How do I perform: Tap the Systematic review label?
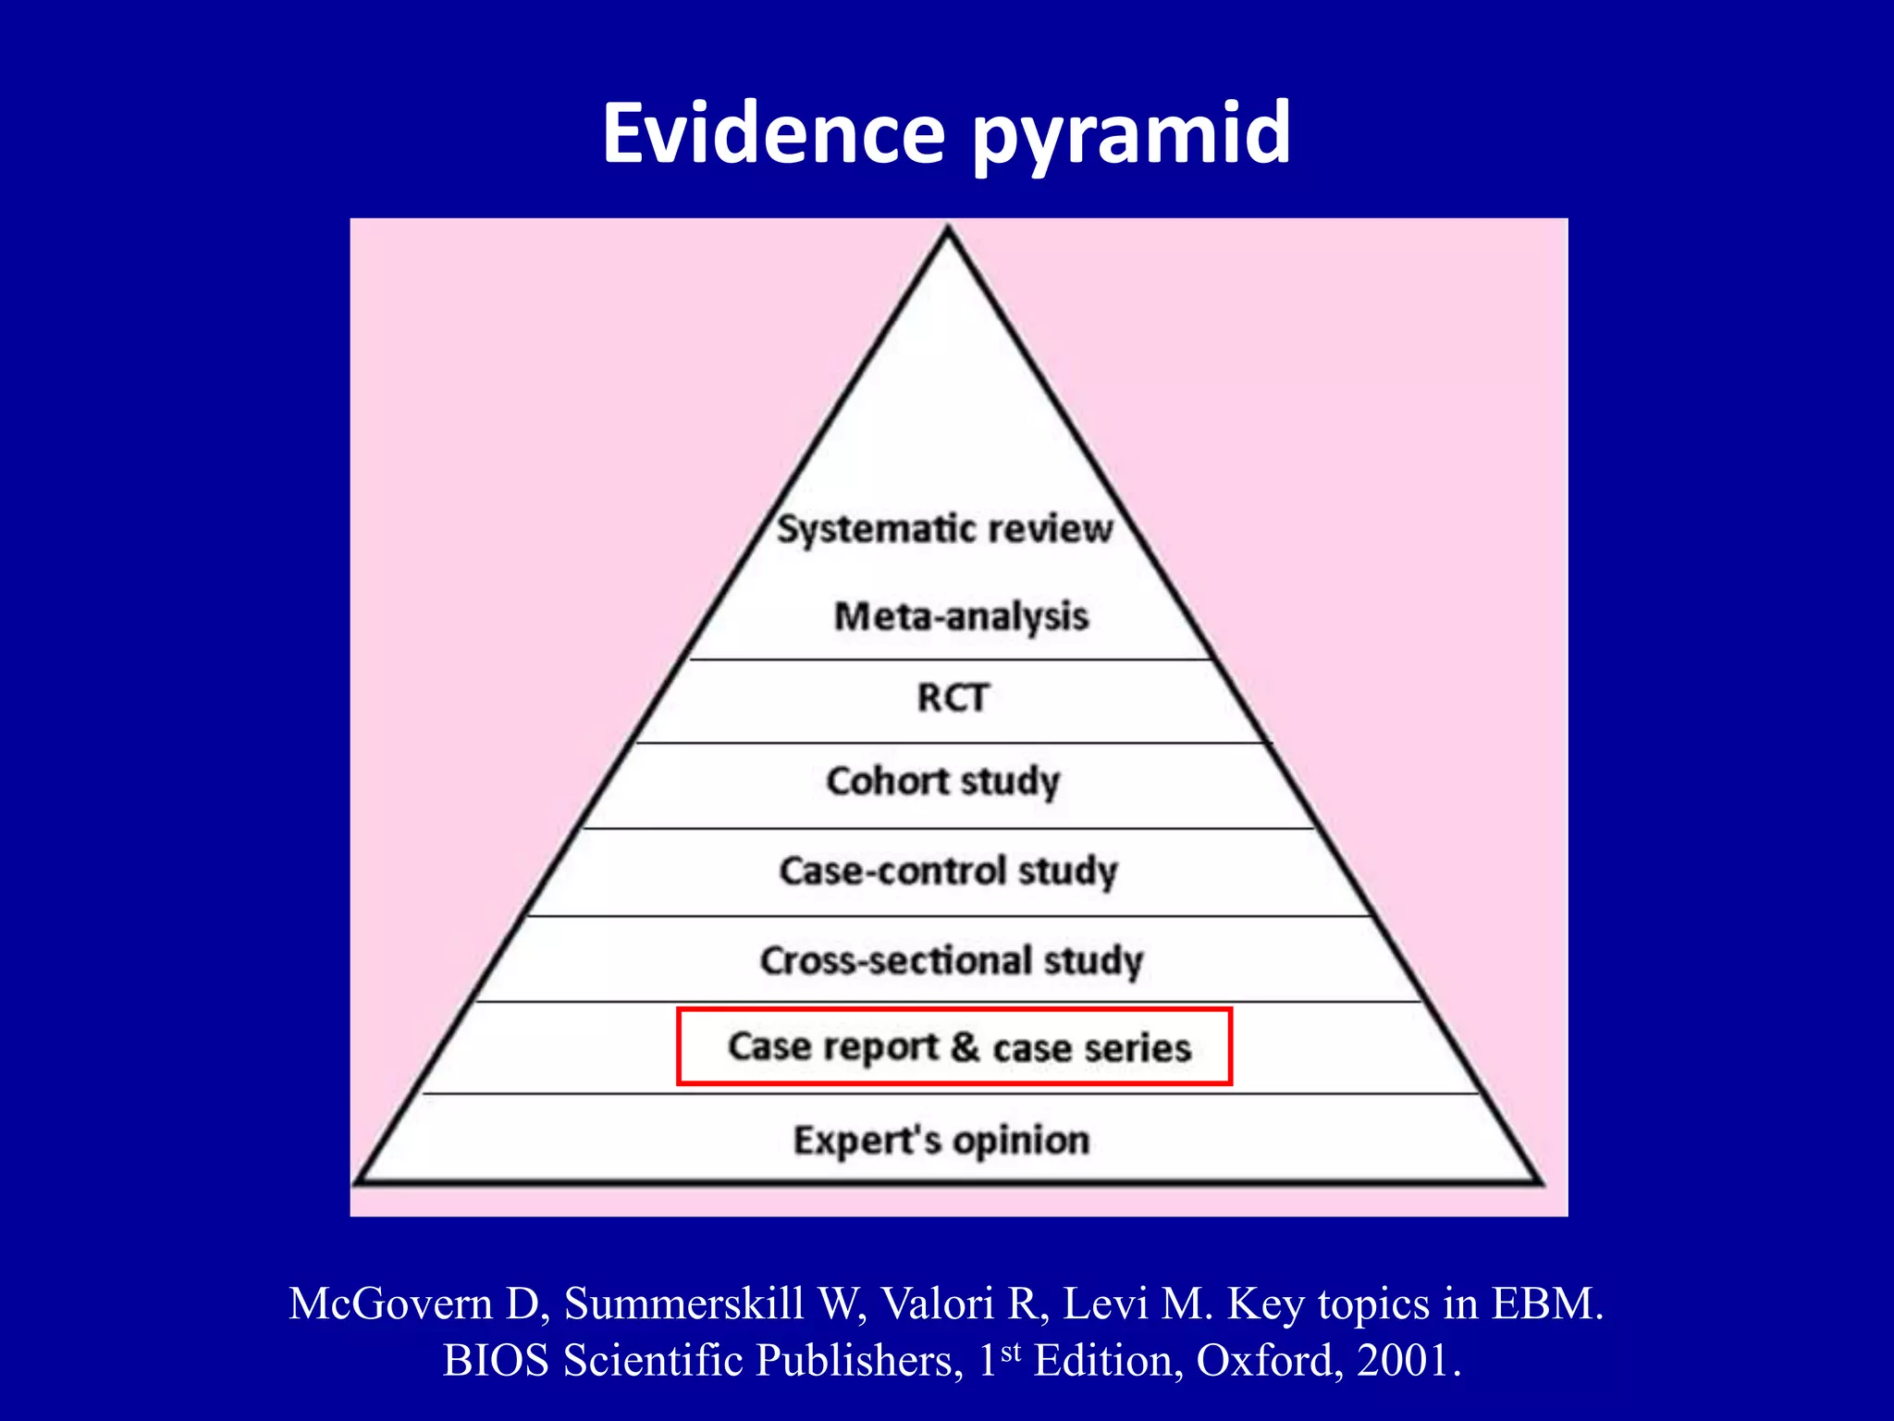tap(944, 529)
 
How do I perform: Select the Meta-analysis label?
tap(961, 616)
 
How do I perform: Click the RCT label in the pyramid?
tap(953, 698)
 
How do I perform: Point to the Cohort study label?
tap(942, 782)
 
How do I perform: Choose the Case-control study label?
tap(948, 871)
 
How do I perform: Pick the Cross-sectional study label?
tap(952, 960)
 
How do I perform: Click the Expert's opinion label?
tap(941, 1141)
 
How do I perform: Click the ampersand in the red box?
tap(965, 1046)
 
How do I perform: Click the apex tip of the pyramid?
tap(948, 230)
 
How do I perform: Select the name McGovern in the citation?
tap(390, 1304)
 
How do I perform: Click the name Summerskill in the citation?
tap(683, 1304)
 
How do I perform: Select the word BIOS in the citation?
tap(495, 1360)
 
